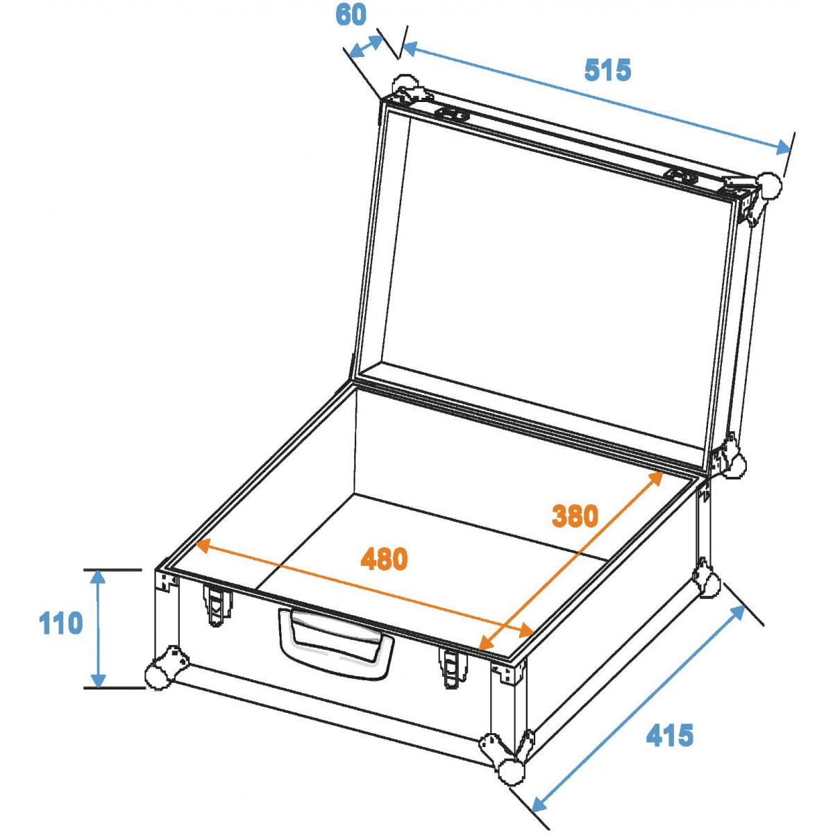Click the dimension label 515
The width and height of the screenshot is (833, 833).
[607, 70]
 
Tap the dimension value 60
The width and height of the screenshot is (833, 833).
[351, 15]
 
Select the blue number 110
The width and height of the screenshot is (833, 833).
[60, 623]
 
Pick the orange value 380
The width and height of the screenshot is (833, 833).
[575, 516]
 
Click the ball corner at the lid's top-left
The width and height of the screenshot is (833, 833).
[405, 87]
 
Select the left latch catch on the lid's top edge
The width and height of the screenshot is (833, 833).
[453, 115]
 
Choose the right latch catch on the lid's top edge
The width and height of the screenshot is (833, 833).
[680, 176]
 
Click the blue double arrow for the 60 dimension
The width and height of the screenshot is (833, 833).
[366, 47]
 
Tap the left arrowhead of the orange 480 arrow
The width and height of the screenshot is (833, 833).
[205, 546]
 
